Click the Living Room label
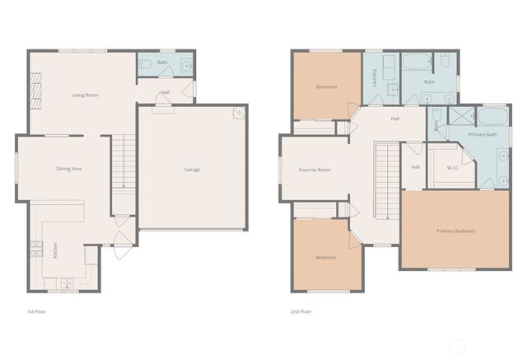click(x=84, y=95)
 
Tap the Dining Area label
click(x=68, y=169)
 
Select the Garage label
click(x=192, y=170)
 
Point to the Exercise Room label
click(x=314, y=170)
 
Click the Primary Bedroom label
click(x=455, y=231)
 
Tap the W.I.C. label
click(x=452, y=168)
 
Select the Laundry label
click(x=375, y=78)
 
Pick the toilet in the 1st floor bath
click(x=146, y=63)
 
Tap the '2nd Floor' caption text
click(x=301, y=312)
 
